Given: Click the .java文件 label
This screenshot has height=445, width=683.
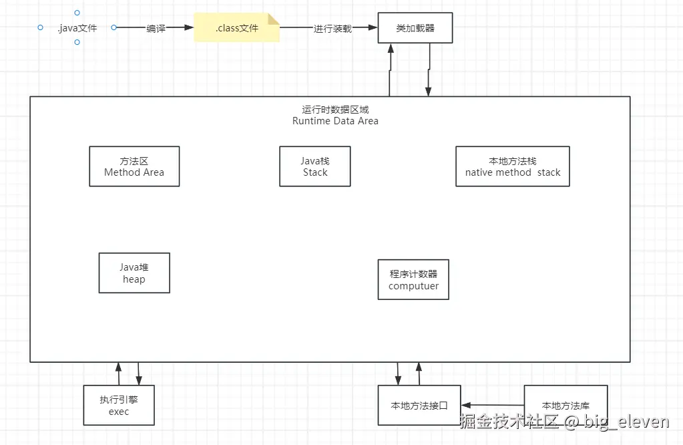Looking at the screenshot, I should pyautogui.click(x=77, y=28).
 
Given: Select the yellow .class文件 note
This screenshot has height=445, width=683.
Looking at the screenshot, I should pyautogui.click(x=237, y=28).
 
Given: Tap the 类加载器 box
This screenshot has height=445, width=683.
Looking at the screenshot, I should pyautogui.click(x=415, y=28).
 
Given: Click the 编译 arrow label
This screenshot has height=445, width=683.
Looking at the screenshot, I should pyautogui.click(x=156, y=29).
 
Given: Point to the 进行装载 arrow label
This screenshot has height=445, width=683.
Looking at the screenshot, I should pyautogui.click(x=332, y=29).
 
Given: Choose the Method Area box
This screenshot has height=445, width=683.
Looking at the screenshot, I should pyautogui.click(x=134, y=166).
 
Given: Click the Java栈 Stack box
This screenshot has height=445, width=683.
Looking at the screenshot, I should pyautogui.click(x=315, y=166).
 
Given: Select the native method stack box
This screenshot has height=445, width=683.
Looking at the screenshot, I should pyautogui.click(x=513, y=166).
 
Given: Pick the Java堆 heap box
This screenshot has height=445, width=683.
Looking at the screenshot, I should pyautogui.click(x=134, y=273).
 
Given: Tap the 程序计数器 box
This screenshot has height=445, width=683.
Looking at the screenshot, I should pyautogui.click(x=414, y=279).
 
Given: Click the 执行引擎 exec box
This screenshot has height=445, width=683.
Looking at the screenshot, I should pyautogui.click(x=119, y=405).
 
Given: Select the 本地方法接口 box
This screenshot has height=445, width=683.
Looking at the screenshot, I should pyautogui.click(x=419, y=405).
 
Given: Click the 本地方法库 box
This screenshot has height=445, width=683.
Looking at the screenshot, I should pyautogui.click(x=565, y=405).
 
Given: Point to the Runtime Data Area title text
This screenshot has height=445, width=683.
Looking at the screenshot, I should pyautogui.click(x=335, y=121).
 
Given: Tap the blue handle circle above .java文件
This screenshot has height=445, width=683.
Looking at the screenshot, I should pyautogui.click(x=77, y=13).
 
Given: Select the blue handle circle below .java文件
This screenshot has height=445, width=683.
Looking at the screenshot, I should pyautogui.click(x=77, y=42).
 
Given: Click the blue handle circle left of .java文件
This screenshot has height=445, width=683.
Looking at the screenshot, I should pyautogui.click(x=40, y=27).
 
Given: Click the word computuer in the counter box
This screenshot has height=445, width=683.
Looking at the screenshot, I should pyautogui.click(x=414, y=286).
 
